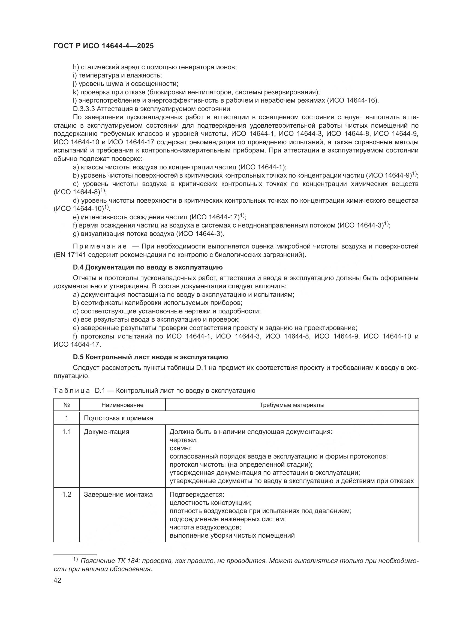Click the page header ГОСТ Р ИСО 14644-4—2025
(103, 46)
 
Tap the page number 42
(57, 580)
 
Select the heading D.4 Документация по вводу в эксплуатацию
(148, 267)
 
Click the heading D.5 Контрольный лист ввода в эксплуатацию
(150, 357)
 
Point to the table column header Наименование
(122, 405)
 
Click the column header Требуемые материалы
(292, 405)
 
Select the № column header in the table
(66, 405)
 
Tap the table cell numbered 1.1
(67, 432)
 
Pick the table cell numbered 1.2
(67, 495)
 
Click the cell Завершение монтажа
(118, 495)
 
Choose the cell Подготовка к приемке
(118, 418)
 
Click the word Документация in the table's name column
(106, 432)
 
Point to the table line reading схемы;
(181, 448)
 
